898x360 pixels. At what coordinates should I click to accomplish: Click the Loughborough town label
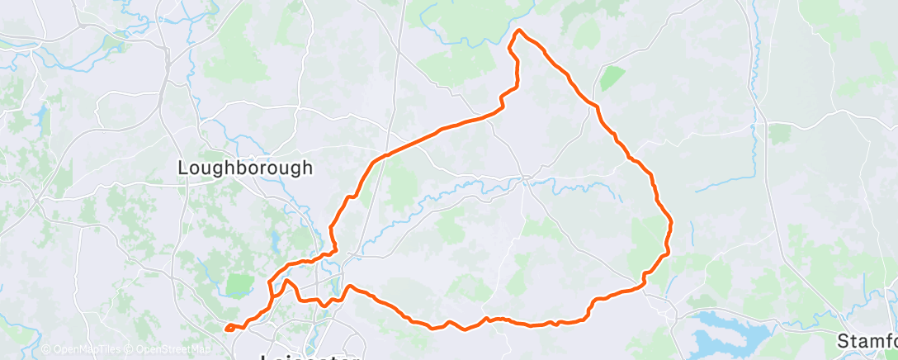[246, 168]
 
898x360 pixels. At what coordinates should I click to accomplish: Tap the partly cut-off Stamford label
[867, 340]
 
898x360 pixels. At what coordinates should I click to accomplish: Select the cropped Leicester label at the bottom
[310, 357]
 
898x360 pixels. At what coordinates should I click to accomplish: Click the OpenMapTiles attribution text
[81, 350]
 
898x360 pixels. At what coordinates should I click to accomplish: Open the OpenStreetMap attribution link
[163, 350]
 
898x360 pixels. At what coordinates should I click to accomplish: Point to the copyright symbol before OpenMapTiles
[46, 350]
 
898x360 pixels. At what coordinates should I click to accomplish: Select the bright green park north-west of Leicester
[239, 284]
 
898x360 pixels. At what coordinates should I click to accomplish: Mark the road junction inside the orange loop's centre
[525, 178]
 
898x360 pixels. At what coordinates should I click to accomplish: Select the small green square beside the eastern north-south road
[779, 133]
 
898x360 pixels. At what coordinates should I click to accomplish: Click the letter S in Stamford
[844, 340]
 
